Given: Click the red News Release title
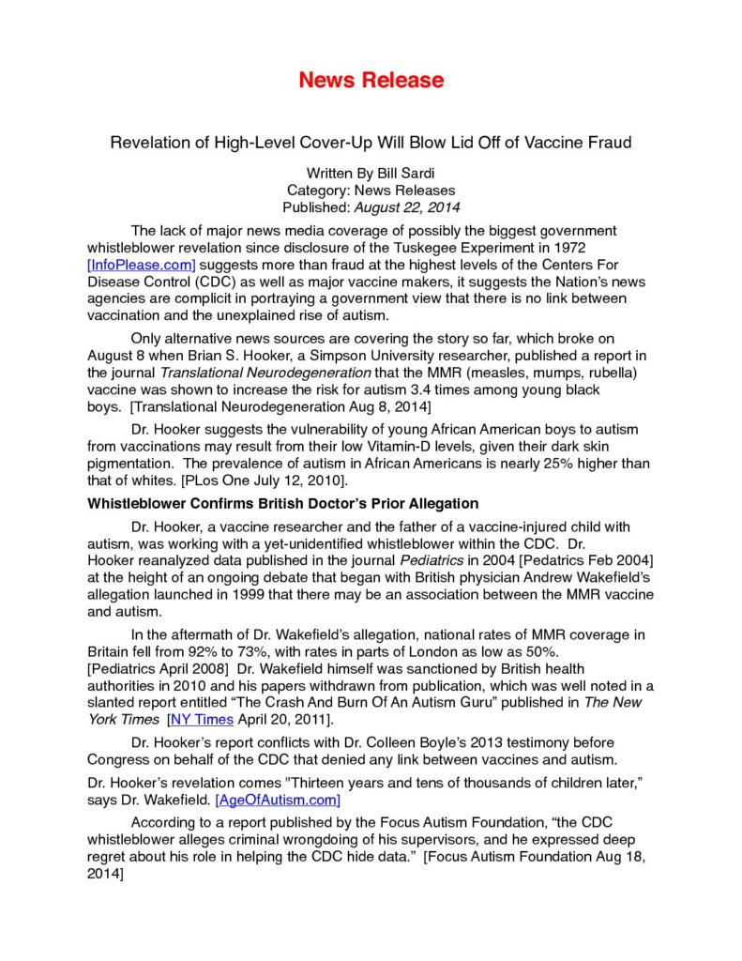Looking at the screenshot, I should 371,80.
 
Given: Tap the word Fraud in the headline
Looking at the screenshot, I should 607,143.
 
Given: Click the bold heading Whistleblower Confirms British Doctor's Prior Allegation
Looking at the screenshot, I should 282,504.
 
